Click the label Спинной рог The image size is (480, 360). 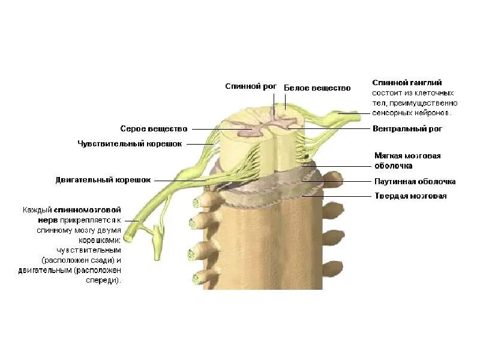251,87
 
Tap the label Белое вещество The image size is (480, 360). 317,88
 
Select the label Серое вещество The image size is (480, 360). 154,128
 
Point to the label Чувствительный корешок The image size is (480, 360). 130,143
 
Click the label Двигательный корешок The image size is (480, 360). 103,179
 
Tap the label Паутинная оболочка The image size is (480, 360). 415,181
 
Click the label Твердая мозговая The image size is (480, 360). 410,196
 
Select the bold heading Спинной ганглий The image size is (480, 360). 407,82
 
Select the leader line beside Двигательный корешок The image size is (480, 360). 180,179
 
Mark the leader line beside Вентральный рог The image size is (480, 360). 336,128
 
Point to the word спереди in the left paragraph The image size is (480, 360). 104,280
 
